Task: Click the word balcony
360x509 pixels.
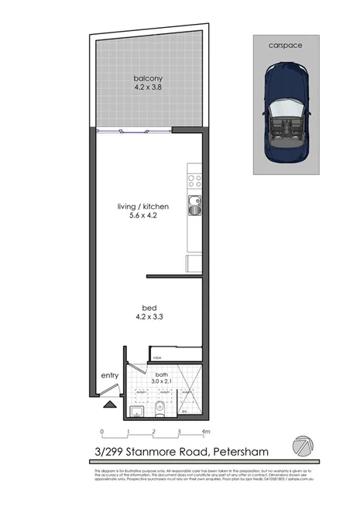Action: click(146, 78)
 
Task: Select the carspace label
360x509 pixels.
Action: click(285, 46)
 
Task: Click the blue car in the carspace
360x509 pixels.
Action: click(285, 114)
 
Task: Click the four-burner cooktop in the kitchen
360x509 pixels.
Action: click(194, 183)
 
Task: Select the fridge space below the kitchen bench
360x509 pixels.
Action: click(194, 264)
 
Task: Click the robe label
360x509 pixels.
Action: click(157, 357)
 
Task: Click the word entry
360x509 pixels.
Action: click(109, 377)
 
